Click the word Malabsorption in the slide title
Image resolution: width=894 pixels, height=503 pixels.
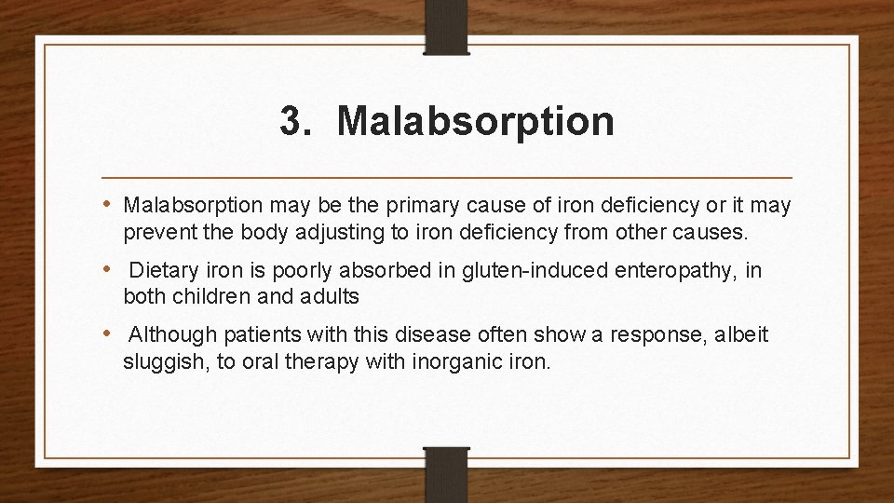click(x=476, y=122)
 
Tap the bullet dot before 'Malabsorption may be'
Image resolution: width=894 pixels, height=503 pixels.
click(x=109, y=202)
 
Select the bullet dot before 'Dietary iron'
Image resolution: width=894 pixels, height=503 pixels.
click(x=109, y=269)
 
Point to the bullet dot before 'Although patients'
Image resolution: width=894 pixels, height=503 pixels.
click(x=109, y=333)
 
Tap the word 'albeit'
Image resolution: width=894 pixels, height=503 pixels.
click(x=741, y=334)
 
